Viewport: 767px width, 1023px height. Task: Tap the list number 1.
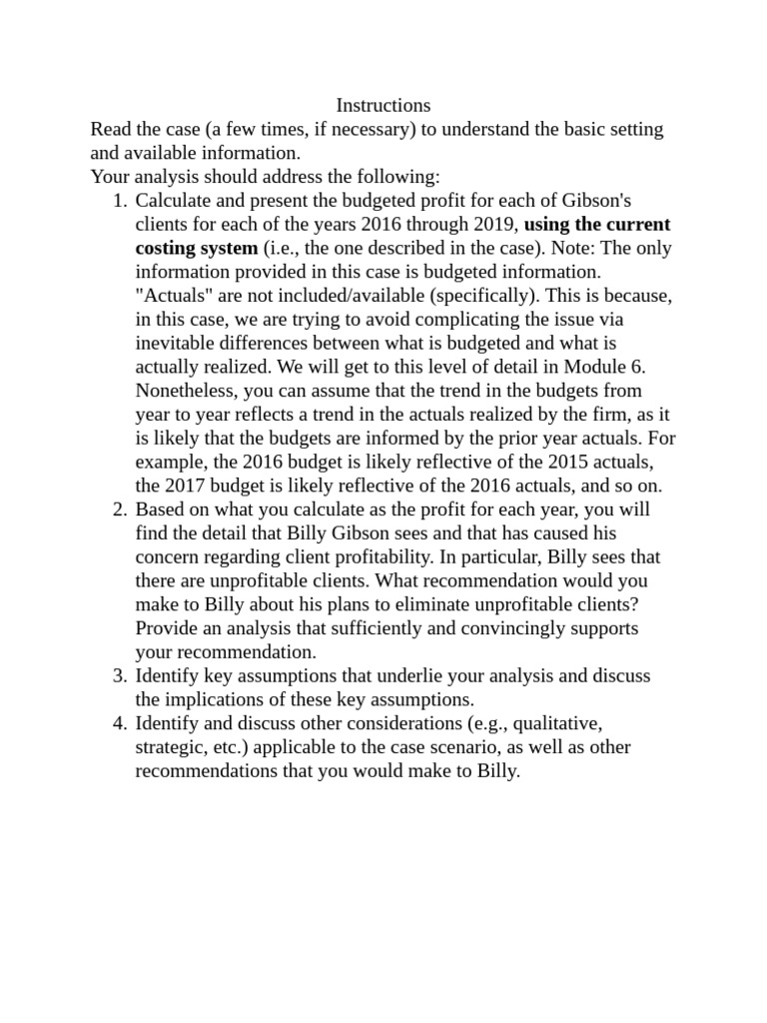coord(121,200)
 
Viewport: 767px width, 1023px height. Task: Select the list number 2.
coord(121,510)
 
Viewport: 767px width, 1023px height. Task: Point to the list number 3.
coord(121,676)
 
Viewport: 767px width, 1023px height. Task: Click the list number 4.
coord(121,724)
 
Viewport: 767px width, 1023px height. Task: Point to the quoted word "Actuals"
coord(169,295)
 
